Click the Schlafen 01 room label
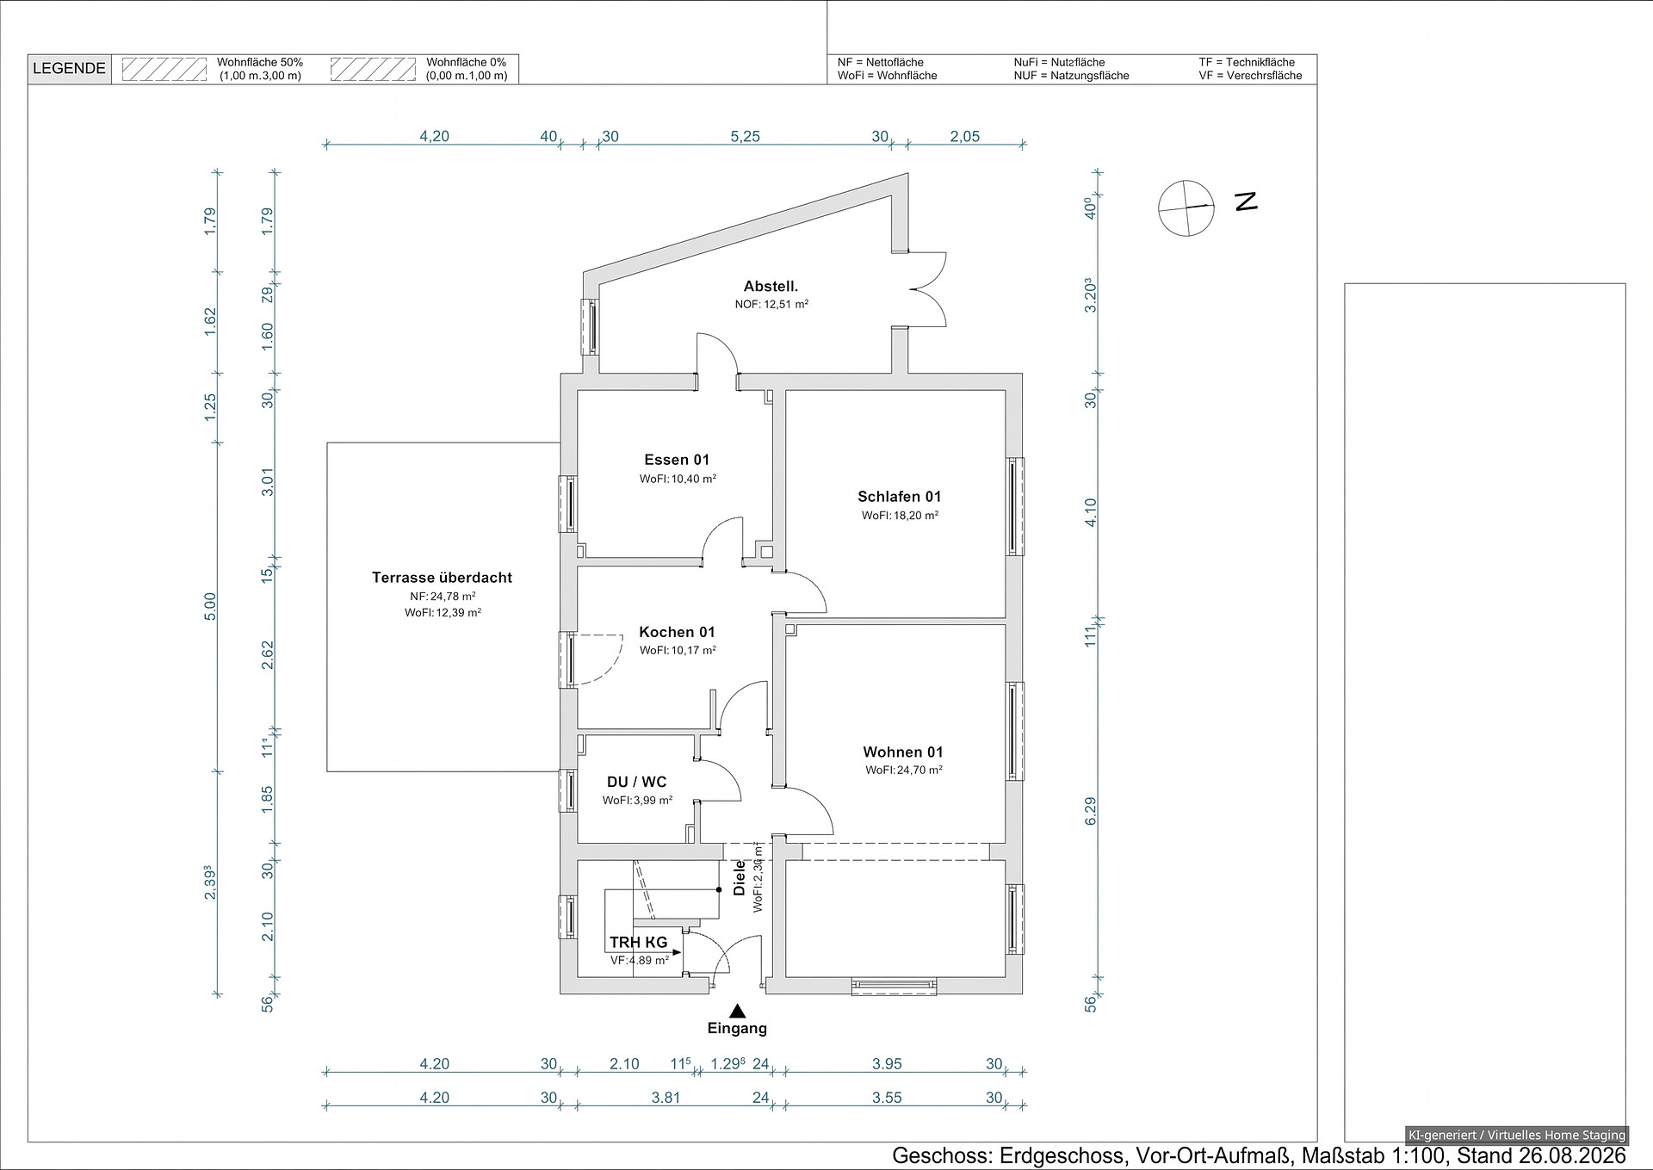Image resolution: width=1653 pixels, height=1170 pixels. pos(899,497)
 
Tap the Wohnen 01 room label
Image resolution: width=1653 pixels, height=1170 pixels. pos(903,752)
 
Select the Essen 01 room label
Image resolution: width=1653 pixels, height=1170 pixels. pos(677,460)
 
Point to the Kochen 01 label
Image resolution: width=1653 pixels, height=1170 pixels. pos(677,632)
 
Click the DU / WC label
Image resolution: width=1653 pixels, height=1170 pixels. pos(637,783)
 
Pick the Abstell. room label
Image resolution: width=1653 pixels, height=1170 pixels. pos(771,287)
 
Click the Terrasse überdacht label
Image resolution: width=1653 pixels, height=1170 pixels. pos(442,578)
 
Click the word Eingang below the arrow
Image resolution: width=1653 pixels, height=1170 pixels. pos(737,1028)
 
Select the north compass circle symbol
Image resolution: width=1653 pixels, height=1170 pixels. pos(1186,207)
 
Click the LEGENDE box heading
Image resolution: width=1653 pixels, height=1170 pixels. pos(69,69)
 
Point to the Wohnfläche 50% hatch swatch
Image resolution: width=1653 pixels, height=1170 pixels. pos(164,69)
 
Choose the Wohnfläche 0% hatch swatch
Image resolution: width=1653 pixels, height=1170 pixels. pos(374,69)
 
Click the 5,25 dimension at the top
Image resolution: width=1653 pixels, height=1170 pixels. pos(745,136)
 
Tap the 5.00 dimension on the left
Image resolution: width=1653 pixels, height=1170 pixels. pos(211,605)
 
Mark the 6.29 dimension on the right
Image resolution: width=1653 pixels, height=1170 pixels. pos(1091,810)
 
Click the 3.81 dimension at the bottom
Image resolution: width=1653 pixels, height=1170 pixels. pos(666,1098)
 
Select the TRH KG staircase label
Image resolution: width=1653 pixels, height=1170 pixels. pos(638,943)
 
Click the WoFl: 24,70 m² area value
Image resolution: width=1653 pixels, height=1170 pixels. pos(904,771)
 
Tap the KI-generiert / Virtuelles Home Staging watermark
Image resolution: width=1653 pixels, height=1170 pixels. pos(1516,1135)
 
